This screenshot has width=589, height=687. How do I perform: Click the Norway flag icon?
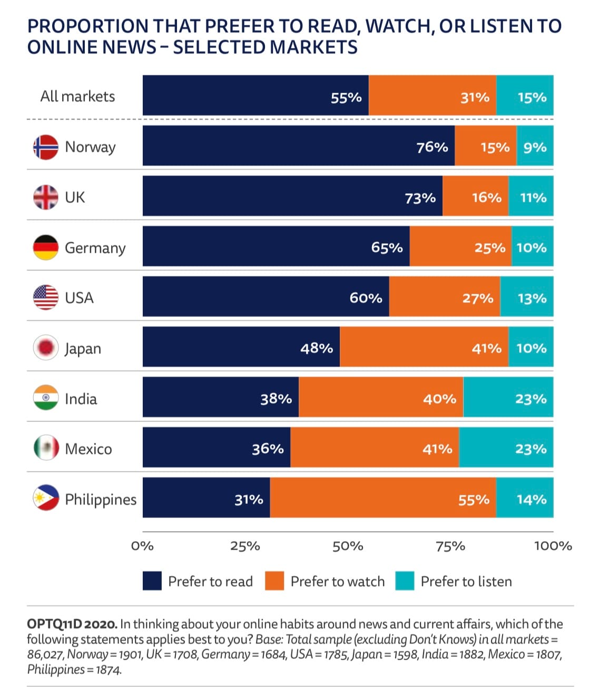(45, 147)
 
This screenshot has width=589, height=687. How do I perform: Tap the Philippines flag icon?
(45, 498)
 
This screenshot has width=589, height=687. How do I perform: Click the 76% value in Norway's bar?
(432, 147)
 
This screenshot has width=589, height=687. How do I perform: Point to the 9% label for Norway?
(535, 147)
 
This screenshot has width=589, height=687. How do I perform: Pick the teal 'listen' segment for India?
(508, 398)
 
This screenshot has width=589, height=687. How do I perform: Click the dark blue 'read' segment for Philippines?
(206, 498)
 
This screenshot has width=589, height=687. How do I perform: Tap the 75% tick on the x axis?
(450, 546)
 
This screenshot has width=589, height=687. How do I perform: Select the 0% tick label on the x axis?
(142, 546)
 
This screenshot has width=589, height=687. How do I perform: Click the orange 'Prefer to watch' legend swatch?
(274, 581)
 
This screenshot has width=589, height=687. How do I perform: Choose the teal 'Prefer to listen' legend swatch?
(405, 581)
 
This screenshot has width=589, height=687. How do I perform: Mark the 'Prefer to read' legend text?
(210, 581)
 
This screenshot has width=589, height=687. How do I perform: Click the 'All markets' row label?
(77, 96)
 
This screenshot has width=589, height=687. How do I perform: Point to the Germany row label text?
(95, 248)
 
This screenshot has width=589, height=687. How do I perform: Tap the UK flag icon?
(45, 197)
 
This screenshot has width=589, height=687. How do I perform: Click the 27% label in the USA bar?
(478, 298)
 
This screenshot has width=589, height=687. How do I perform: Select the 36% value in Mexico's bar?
(268, 449)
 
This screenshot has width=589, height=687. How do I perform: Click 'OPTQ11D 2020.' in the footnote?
(72, 624)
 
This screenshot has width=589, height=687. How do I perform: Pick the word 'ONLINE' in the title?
(62, 47)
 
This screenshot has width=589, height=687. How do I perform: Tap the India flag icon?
(45, 398)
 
